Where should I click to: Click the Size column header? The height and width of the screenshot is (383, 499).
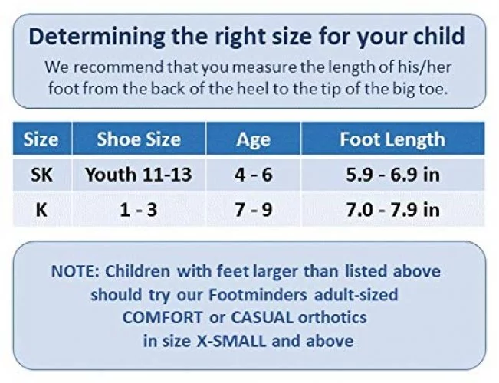(x=41, y=139)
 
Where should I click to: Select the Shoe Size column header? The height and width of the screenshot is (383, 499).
(x=139, y=139)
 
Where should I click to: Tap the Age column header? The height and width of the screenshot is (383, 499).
(x=253, y=139)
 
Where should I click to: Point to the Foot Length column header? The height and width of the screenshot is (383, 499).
(x=392, y=139)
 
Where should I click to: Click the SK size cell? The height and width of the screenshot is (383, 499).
(x=41, y=175)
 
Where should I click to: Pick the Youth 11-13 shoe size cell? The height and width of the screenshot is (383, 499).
(x=139, y=175)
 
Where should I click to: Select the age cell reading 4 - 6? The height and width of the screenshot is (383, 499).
(x=253, y=175)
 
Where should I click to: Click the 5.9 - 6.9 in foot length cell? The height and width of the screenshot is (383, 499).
(x=393, y=175)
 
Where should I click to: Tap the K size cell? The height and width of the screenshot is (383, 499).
(x=41, y=210)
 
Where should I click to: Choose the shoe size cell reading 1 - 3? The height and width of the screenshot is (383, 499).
(x=139, y=210)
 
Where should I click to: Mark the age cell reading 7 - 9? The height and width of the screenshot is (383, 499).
(x=253, y=210)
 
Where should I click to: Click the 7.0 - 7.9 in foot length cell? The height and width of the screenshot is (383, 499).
(x=393, y=210)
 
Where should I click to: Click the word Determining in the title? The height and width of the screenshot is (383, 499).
(x=97, y=38)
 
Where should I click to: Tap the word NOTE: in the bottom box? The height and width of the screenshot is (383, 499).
(x=75, y=271)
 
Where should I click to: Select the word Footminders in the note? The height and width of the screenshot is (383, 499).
(x=258, y=295)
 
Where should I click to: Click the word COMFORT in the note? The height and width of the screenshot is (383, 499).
(x=163, y=317)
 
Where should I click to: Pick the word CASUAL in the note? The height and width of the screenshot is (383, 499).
(x=261, y=317)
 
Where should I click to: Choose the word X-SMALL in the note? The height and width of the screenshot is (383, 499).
(x=231, y=341)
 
